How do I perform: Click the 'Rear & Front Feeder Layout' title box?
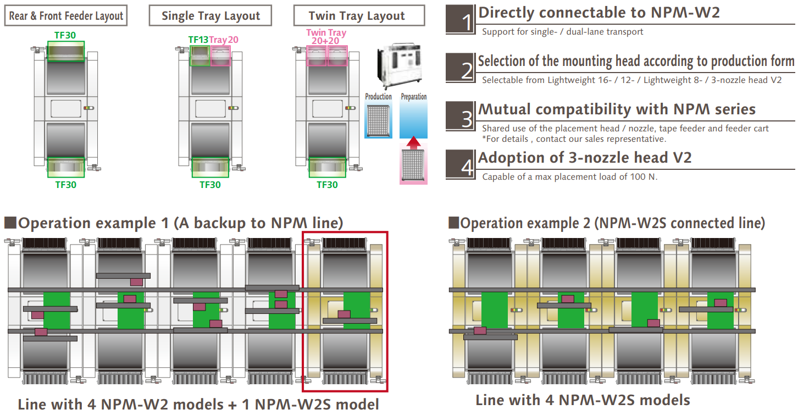66,15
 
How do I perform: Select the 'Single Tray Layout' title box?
211,15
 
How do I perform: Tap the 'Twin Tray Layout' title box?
359,15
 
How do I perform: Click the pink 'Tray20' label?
224,40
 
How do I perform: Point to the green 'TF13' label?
198,40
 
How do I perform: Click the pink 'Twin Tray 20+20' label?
326,37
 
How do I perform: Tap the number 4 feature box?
461,164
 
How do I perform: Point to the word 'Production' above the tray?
379,97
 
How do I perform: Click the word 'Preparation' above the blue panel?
414,97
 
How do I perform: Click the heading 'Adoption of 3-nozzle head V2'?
585,158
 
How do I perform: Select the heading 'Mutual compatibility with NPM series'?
617,109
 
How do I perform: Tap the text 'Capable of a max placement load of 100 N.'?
569,177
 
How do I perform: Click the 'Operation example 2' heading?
607,223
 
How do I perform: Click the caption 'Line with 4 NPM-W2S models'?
583,400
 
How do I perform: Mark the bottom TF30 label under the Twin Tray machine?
327,185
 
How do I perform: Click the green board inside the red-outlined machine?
357,311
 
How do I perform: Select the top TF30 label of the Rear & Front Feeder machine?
65,35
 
